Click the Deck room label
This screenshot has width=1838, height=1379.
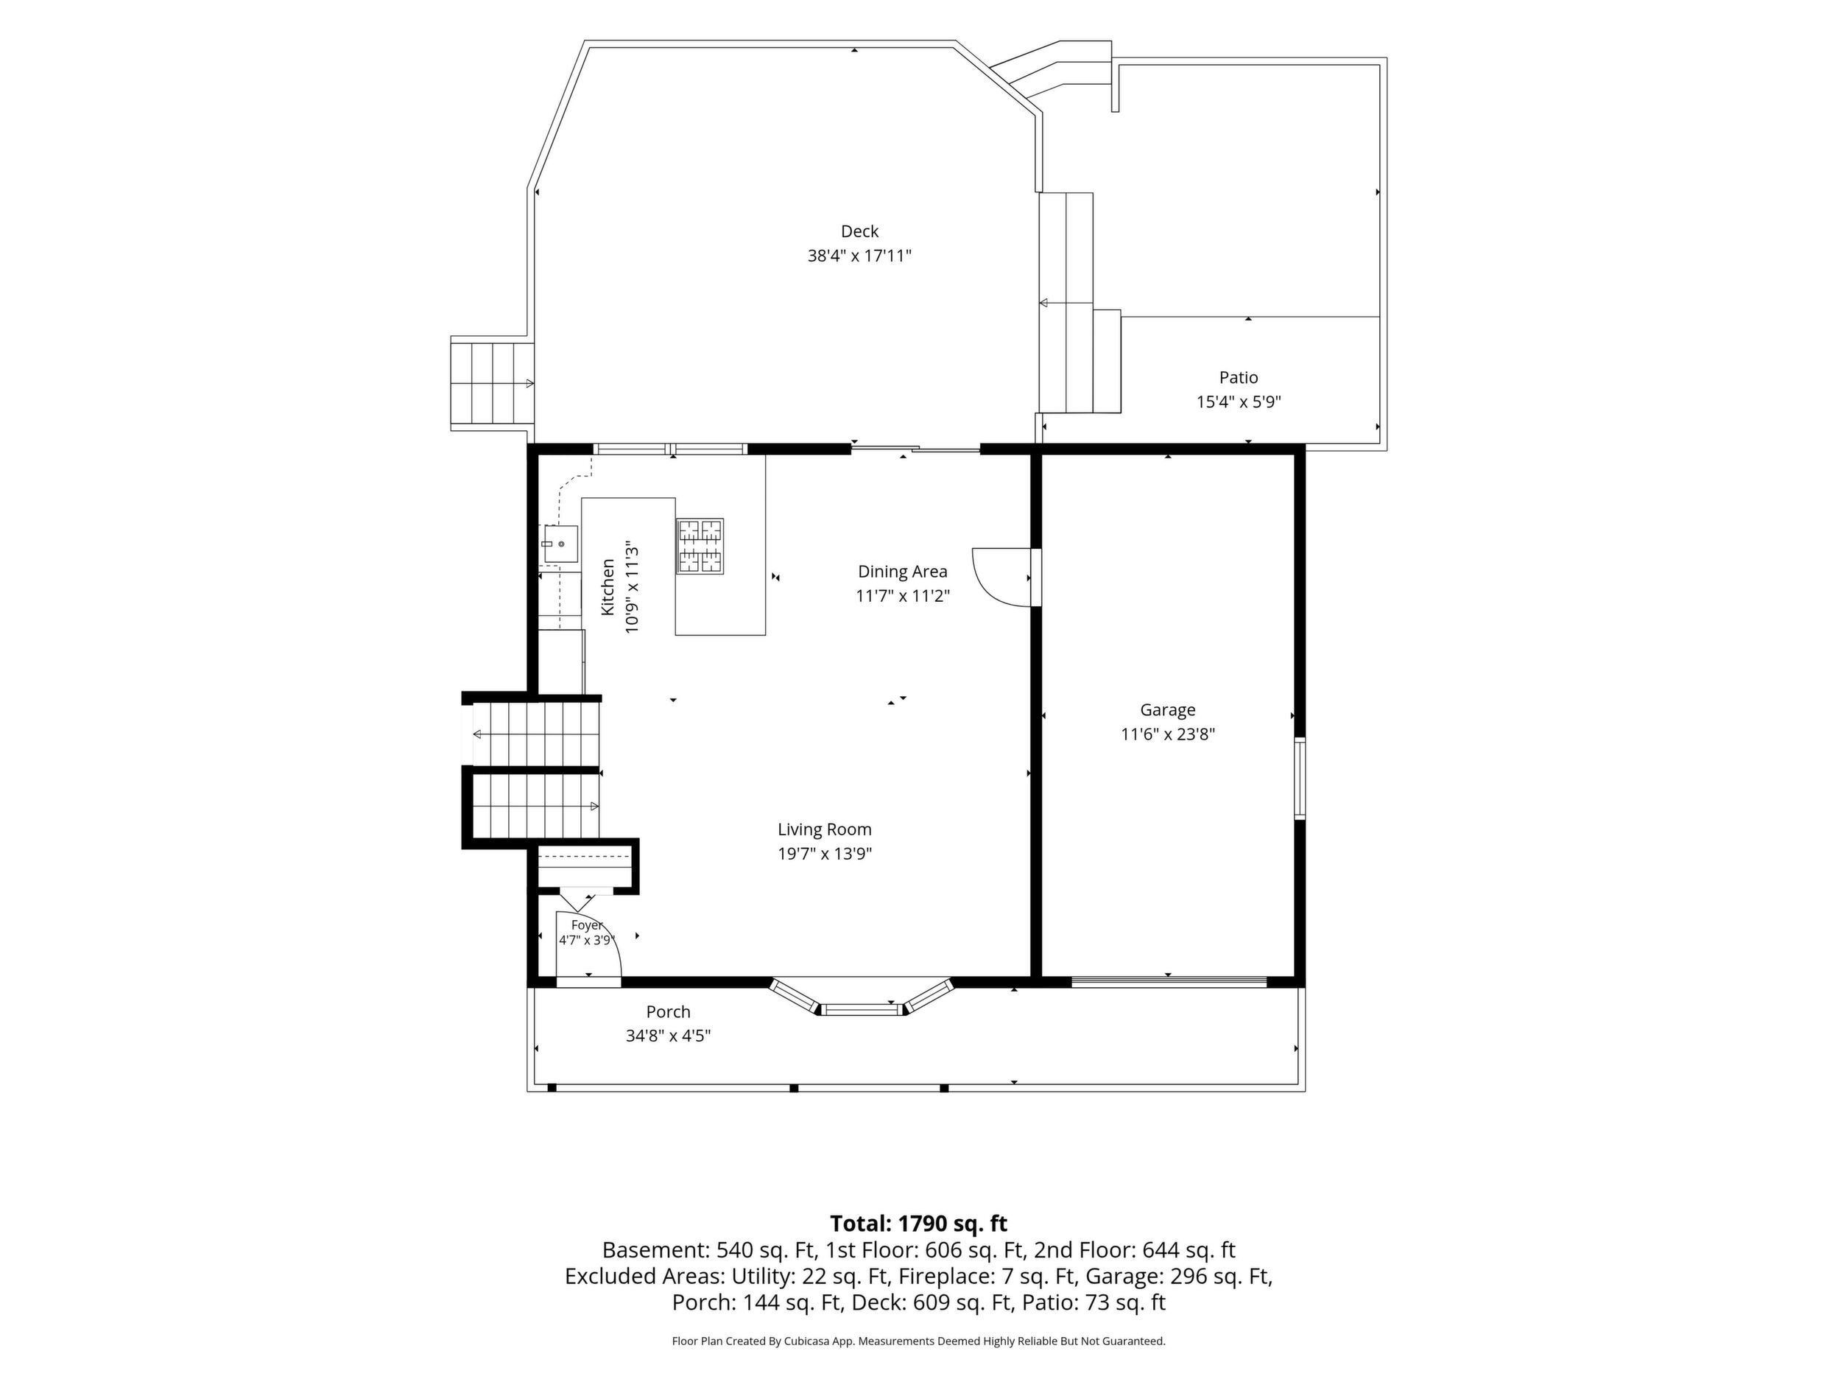click(x=859, y=231)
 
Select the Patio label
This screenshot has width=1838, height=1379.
click(x=1238, y=377)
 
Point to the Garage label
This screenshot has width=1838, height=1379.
click(x=1167, y=710)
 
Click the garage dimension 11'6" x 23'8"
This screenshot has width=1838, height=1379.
click(x=1167, y=734)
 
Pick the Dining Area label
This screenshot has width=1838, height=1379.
click(x=902, y=572)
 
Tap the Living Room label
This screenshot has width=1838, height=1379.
click(x=824, y=829)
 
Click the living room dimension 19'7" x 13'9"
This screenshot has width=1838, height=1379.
click(x=824, y=854)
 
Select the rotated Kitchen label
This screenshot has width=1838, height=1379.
click(x=608, y=587)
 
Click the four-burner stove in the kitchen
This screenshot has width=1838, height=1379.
click(x=700, y=546)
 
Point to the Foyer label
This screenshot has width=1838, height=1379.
click(x=587, y=925)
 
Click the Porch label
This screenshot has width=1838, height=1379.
click(x=668, y=1011)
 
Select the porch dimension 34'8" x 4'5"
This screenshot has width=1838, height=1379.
click(x=668, y=1036)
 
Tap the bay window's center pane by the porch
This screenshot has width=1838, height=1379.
click(x=862, y=1009)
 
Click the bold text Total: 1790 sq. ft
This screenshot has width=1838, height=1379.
click(x=918, y=1224)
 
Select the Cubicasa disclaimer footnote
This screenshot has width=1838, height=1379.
click(x=918, y=1341)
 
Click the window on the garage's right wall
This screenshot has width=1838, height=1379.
click(x=1300, y=778)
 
